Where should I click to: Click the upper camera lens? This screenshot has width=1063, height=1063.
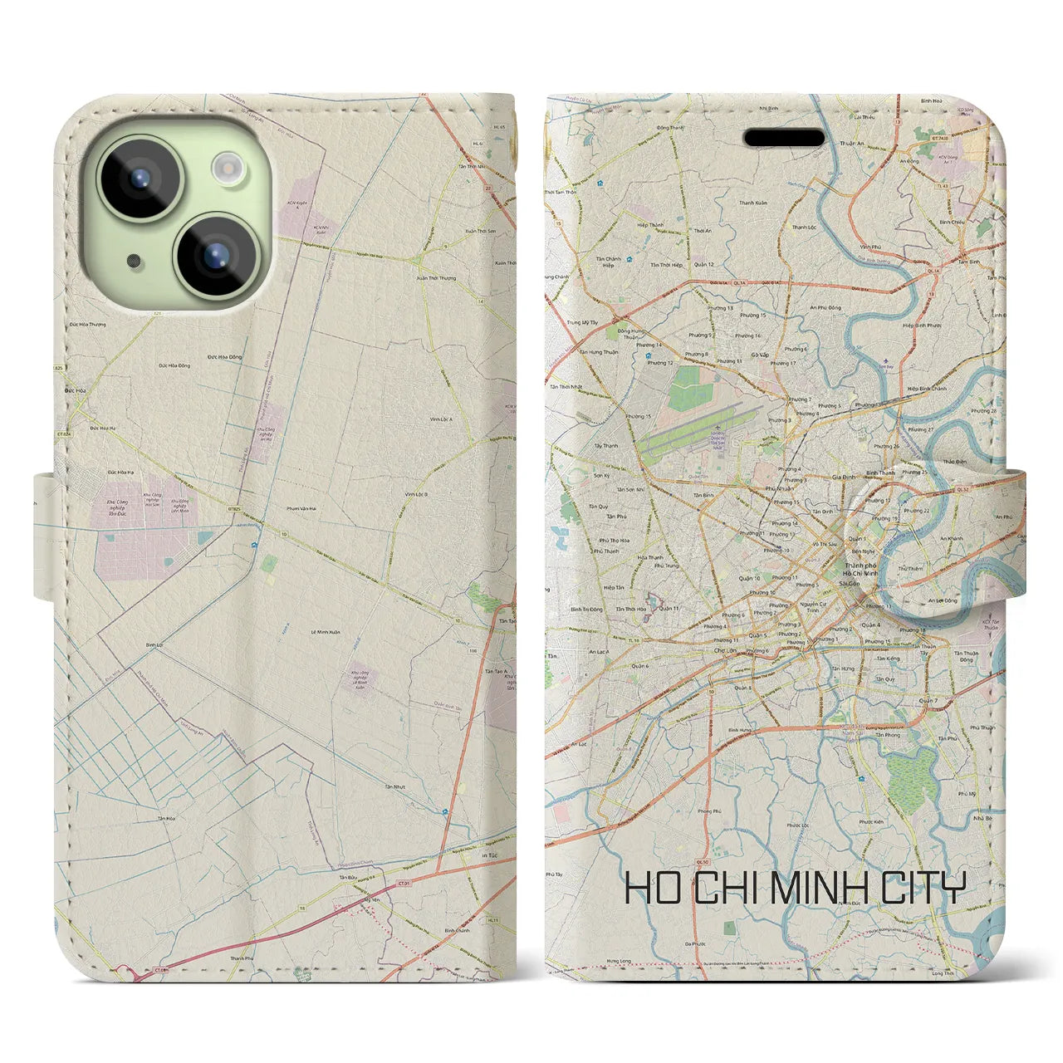point(140,177)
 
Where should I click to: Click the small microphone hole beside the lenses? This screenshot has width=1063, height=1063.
point(132,262)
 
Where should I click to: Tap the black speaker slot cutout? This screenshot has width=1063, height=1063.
point(784,137)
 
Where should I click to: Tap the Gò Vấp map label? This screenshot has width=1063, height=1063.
point(759,355)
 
